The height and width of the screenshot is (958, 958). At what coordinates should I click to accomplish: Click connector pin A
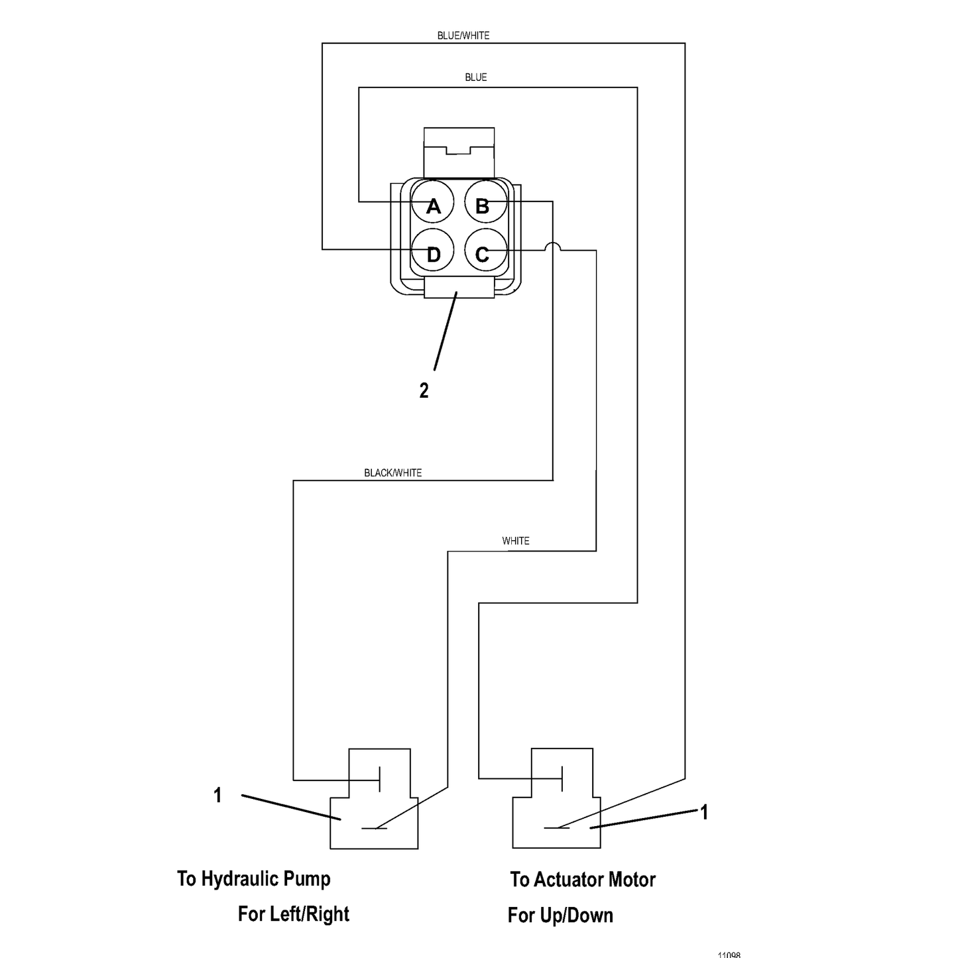coord(433,202)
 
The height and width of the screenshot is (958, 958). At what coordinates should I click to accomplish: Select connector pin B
coord(486,202)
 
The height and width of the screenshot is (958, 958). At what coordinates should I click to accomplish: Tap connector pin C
coord(486,250)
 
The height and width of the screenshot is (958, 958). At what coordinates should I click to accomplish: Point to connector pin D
coord(433,250)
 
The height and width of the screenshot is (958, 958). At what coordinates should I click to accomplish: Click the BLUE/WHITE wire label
coord(463,36)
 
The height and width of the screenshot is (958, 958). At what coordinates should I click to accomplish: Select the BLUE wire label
coord(476,78)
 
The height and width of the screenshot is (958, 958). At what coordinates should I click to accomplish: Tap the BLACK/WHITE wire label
coord(392,473)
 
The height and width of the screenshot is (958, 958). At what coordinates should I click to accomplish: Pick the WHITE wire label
coord(516,541)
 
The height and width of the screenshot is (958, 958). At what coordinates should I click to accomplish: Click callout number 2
coord(424,390)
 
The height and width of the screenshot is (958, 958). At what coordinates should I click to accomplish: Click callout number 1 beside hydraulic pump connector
coord(217,795)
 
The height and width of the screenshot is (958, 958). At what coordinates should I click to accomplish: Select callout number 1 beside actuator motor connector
coord(704,812)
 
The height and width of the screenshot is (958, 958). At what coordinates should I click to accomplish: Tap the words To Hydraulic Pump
coord(253,879)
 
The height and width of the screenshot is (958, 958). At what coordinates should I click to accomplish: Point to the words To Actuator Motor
coord(583,880)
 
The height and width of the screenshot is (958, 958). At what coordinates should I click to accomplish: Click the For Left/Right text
coord(293,914)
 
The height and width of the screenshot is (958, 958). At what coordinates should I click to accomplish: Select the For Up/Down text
coord(560,916)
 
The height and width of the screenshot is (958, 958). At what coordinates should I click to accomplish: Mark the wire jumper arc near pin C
coord(553,243)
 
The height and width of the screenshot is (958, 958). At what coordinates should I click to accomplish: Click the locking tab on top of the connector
coord(459,152)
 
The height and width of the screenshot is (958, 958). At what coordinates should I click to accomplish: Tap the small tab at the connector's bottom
coord(459,288)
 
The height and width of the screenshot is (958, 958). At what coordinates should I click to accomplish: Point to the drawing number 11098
coord(729,955)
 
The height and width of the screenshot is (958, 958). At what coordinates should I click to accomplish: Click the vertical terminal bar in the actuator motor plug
coord(562,778)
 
